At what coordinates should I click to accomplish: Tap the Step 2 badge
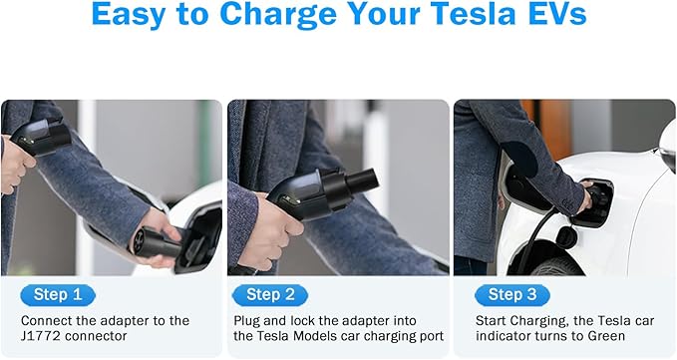tap(270, 294)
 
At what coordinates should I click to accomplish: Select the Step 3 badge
tap(512, 294)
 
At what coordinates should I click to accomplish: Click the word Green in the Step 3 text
tap(607, 337)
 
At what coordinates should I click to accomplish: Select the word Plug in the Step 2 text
tap(248, 321)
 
